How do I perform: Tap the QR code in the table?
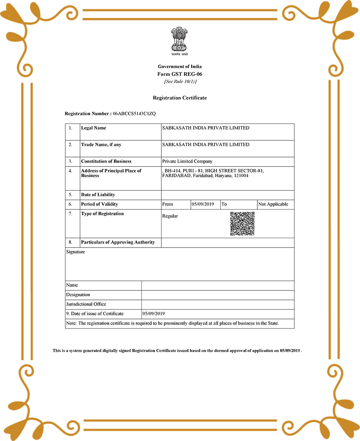click(x=242, y=224)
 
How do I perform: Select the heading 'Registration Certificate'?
click(x=180, y=98)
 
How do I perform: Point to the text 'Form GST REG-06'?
click(x=180, y=74)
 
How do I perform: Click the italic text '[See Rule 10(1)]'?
click(x=180, y=81)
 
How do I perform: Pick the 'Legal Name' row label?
click(x=93, y=128)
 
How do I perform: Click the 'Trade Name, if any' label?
click(x=101, y=145)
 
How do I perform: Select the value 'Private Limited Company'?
click(x=187, y=161)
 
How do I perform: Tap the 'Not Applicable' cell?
click(x=273, y=204)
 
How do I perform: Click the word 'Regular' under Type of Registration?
click(x=170, y=216)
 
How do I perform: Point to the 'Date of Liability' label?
click(x=98, y=195)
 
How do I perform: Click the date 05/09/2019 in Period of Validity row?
click(x=203, y=204)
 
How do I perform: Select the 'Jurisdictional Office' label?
click(x=86, y=304)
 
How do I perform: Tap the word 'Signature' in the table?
click(x=75, y=252)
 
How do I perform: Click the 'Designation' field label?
click(x=78, y=295)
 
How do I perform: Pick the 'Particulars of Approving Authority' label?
click(x=118, y=242)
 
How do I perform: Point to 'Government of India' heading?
click(x=180, y=66)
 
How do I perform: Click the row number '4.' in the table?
click(x=71, y=171)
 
